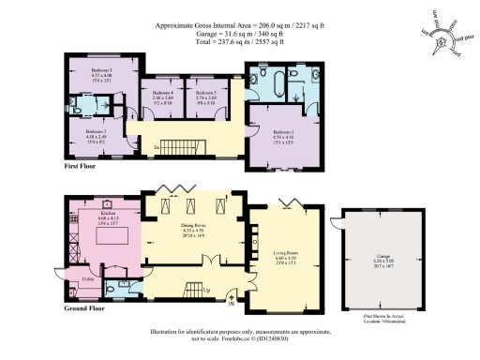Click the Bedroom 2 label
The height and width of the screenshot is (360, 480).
pos(97,132)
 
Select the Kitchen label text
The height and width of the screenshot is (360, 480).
pos(108,214)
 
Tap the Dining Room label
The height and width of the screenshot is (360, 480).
pos(192,226)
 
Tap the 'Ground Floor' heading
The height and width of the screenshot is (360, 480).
pos(83,307)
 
